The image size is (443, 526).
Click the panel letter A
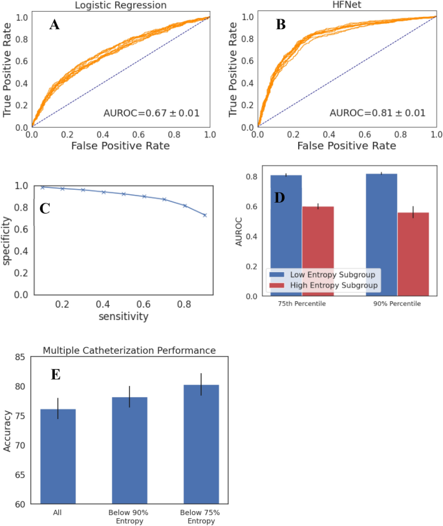tap(56, 25)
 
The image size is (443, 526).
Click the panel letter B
tap(281, 25)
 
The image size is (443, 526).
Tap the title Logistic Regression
tap(120, 5)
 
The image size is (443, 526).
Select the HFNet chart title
tap(347, 5)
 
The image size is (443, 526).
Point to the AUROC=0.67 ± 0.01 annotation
tap(151, 113)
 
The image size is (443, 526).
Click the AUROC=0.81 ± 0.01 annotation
tap(377, 113)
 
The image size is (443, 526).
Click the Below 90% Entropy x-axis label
tap(130, 517)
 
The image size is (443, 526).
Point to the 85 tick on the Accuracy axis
tap(26, 357)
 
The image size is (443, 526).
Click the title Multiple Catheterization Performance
tap(130, 350)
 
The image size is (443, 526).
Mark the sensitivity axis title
tap(122, 317)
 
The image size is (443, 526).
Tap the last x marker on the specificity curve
tap(205, 215)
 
